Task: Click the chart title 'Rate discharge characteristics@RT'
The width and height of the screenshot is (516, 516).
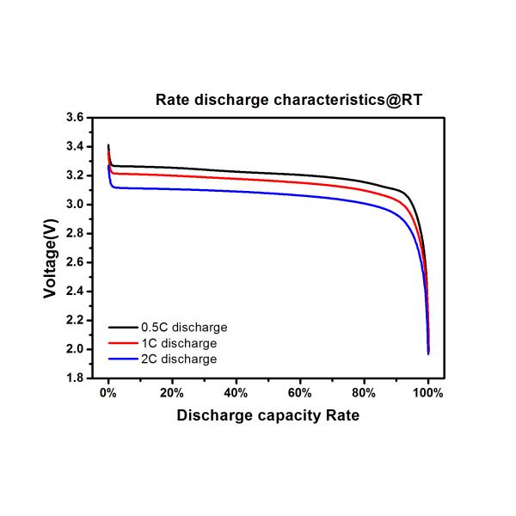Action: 289,100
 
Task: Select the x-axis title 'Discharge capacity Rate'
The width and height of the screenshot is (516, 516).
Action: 267,415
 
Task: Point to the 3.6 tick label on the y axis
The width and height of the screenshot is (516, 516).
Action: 74,118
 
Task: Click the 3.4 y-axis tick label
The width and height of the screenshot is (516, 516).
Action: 74,147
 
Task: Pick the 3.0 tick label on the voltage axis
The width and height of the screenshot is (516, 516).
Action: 74,205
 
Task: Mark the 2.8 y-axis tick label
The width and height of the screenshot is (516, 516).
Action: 74,234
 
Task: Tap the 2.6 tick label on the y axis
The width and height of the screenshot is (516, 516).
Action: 74,262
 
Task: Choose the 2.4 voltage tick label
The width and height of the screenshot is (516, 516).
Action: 74,292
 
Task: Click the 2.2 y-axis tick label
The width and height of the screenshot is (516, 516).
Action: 74,321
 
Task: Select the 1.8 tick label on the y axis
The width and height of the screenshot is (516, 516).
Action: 74,378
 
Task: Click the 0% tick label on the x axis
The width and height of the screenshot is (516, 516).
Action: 108,393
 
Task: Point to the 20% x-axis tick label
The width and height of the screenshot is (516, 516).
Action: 172,393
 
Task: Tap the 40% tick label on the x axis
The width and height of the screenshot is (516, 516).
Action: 236,393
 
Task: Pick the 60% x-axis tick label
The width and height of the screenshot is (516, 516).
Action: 300,393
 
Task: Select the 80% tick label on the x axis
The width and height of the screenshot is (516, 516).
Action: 364,393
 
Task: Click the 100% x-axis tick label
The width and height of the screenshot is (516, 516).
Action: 428,393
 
